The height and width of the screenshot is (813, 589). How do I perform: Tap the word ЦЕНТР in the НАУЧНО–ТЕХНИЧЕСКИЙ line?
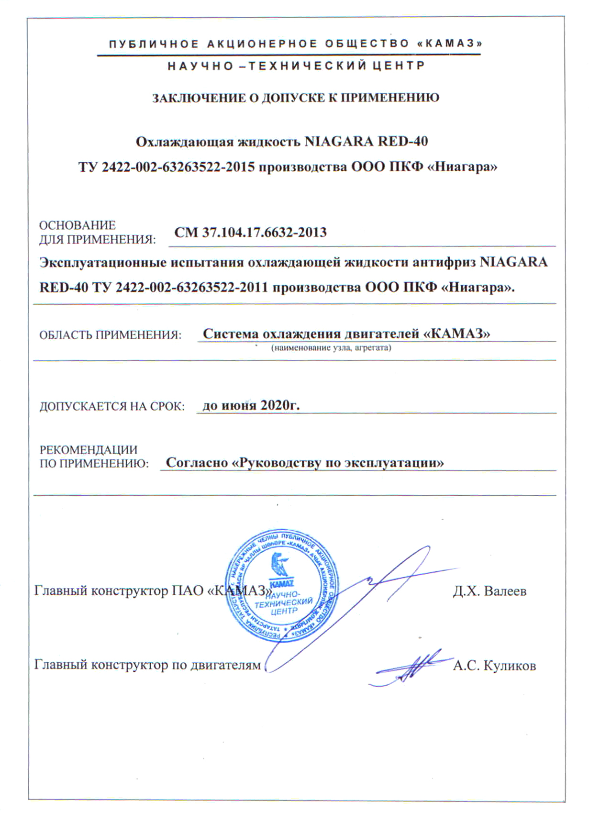click(x=398, y=66)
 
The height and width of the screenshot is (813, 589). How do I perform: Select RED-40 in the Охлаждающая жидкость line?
click(x=402, y=142)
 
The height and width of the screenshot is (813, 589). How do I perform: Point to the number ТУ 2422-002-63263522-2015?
click(x=167, y=167)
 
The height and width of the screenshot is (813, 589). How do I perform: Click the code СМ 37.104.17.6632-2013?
click(x=250, y=233)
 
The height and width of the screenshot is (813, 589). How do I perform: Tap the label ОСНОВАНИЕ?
click(x=77, y=225)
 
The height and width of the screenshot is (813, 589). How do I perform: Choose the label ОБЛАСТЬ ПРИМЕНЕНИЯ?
click(x=110, y=335)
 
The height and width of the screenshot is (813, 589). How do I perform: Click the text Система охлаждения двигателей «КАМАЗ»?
click(x=346, y=334)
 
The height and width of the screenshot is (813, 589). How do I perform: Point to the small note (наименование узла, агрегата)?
click(x=331, y=348)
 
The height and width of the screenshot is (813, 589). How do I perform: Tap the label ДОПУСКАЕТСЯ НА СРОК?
click(x=112, y=407)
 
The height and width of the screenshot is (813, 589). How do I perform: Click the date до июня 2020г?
click(x=251, y=406)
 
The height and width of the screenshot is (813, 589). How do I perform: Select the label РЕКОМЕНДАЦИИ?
click(x=88, y=450)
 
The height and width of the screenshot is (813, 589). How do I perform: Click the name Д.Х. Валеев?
click(x=489, y=591)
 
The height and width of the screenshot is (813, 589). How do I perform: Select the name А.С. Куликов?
click(x=494, y=666)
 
